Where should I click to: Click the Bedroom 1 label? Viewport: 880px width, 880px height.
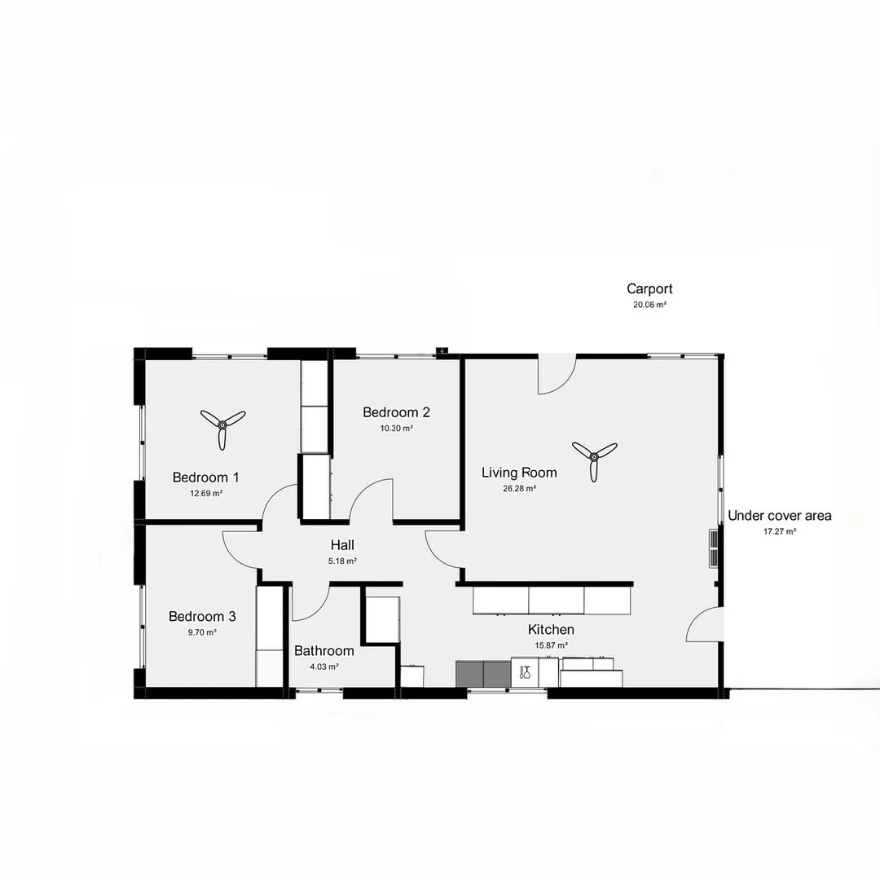point(205,477)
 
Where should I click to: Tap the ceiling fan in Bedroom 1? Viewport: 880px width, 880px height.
point(222,425)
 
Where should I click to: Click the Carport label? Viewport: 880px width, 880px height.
point(649,288)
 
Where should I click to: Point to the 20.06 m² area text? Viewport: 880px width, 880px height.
point(649,305)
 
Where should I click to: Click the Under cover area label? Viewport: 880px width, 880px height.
point(779,516)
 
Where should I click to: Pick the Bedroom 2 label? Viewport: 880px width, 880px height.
point(396,412)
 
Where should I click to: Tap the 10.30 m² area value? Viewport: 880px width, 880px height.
point(396,429)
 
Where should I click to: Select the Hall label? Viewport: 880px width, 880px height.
point(342,545)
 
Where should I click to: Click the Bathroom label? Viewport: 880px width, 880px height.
point(324,651)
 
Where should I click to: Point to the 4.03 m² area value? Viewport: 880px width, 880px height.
point(324,667)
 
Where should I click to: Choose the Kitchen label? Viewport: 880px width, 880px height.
point(551,630)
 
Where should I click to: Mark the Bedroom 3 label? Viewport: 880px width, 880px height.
point(202,617)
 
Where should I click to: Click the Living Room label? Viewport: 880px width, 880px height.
point(519,473)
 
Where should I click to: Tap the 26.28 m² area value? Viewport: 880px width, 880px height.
point(519,489)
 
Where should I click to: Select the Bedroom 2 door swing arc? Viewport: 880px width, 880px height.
point(374,497)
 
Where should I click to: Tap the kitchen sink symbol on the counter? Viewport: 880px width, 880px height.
point(526,672)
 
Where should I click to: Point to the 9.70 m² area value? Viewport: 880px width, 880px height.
point(202,632)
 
